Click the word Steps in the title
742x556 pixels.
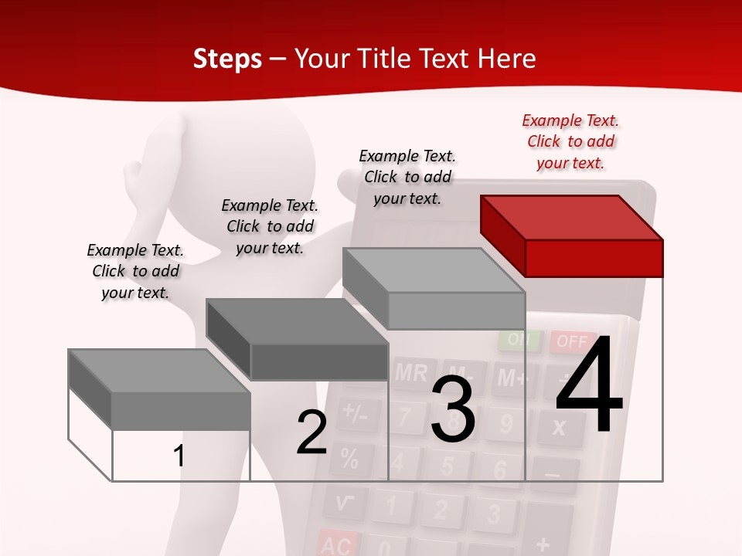click(x=227, y=59)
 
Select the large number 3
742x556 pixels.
click(x=452, y=409)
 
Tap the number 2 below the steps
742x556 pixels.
click(x=311, y=432)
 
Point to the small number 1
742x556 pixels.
click(x=179, y=456)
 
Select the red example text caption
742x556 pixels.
click(x=570, y=141)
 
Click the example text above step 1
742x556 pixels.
click(x=135, y=271)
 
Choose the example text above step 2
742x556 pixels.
click(x=270, y=226)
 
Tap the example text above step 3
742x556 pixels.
click(x=407, y=177)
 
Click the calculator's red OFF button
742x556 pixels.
click(x=573, y=341)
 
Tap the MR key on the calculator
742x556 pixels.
click(x=411, y=373)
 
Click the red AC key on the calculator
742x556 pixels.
click(x=336, y=545)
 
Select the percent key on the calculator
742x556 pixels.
click(x=349, y=459)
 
